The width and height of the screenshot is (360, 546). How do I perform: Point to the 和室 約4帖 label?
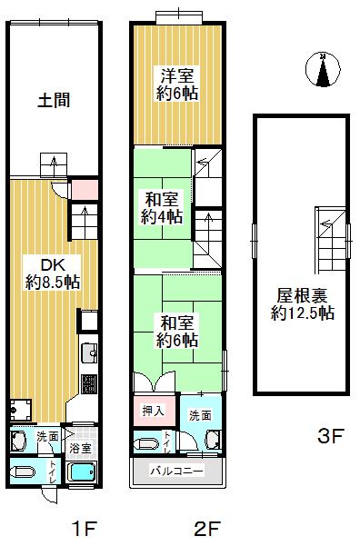coord(161,208)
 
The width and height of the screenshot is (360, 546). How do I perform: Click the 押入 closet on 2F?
coord(154,411)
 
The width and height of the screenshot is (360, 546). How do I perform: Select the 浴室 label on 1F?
coord(81,448)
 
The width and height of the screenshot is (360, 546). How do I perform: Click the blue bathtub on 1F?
coord(83,473)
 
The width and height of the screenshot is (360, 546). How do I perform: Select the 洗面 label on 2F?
coord(201,414)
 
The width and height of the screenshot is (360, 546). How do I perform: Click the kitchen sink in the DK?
coord(88,352)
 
